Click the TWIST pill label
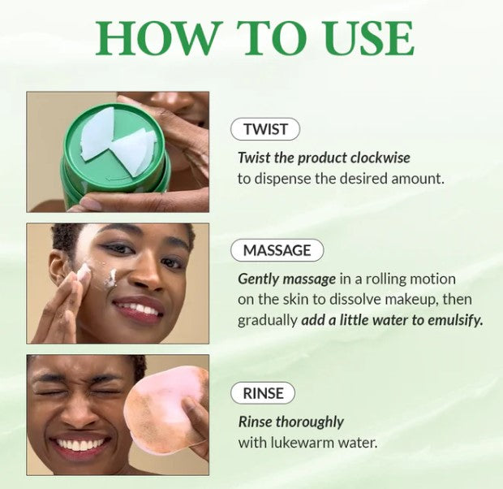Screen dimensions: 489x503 coord(265,128)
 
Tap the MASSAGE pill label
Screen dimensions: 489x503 coord(277,250)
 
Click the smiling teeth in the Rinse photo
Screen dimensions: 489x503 coord(81,446)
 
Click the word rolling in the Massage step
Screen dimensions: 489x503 coord(381,279)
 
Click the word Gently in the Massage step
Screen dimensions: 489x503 coord(259,279)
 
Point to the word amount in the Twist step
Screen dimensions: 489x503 coord(417,178)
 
